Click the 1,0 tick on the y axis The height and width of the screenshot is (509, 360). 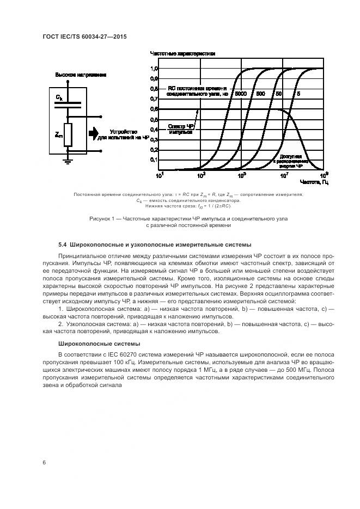[x=154, y=69]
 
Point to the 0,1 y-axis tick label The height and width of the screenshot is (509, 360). [x=154, y=160]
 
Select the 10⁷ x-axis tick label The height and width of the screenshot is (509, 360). [x=283, y=175]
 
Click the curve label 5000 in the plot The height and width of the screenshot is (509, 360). [x=241, y=94]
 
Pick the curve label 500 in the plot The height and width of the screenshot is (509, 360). [x=260, y=94]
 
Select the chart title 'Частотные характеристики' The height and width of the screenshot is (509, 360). [x=182, y=53]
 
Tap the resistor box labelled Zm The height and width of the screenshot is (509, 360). [x=67, y=138]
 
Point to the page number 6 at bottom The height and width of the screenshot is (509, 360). [x=44, y=462]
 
